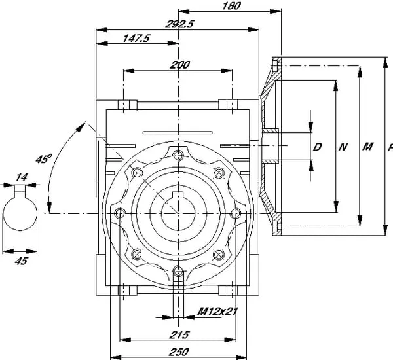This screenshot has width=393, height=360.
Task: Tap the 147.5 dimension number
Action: click(x=137, y=39)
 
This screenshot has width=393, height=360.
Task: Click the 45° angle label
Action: click(x=43, y=159)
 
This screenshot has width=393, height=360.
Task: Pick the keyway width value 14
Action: click(x=22, y=177)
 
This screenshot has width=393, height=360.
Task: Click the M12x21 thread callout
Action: click(x=217, y=312)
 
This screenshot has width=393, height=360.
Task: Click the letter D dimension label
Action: click(x=318, y=147)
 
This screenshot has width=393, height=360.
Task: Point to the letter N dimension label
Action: click(x=343, y=147)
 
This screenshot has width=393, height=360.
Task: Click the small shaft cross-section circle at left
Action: click(x=22, y=216)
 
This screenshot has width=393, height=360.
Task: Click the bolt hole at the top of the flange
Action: click(x=179, y=155)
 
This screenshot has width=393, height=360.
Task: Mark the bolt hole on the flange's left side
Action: click(x=120, y=213)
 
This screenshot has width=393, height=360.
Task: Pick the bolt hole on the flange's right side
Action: click(x=236, y=213)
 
